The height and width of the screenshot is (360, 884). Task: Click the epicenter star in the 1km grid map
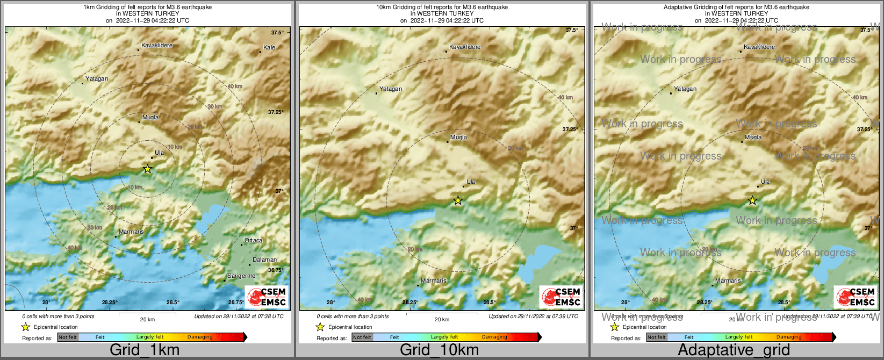147,169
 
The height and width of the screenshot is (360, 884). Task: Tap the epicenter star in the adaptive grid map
752,200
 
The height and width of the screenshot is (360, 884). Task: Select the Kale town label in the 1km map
269,47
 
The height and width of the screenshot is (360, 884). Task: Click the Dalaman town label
264,260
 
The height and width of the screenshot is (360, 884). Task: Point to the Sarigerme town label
241,276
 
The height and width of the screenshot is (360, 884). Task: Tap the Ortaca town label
253,240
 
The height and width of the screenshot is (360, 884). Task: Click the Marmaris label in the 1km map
131,232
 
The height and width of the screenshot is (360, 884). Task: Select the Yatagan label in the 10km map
391,89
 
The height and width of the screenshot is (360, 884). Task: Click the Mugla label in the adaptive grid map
753,137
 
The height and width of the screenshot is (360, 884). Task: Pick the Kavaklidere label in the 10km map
465,47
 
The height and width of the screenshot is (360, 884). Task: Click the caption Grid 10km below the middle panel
439,350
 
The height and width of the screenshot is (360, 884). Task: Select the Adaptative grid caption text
734,350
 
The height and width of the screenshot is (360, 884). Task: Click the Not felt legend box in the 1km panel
68,337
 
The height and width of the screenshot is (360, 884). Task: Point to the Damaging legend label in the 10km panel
494,337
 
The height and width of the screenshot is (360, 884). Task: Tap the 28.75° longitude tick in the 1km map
236,302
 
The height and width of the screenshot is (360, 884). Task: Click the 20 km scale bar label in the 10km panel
442,319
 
